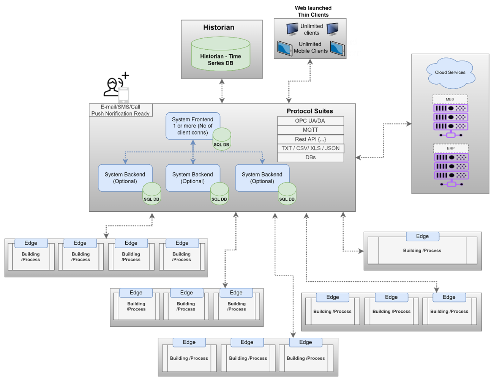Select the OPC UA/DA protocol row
[310, 121]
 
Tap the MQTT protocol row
[310, 130]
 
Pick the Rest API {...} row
[310, 139]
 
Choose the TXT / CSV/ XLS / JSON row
[310, 148]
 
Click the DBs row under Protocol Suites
[310, 157]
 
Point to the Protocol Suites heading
[309, 111]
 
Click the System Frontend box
[193, 126]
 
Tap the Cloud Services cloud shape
[450, 72]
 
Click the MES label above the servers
[450, 99]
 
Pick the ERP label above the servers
[451, 148]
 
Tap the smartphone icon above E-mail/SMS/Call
[124, 95]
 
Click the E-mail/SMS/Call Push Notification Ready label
[120, 110]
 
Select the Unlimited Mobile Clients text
[310, 47]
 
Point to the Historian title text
[219, 27]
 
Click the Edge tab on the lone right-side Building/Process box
[422, 236]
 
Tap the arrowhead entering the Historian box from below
[222, 81]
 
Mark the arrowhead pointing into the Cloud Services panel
[409, 124]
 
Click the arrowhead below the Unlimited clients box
[310, 62]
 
